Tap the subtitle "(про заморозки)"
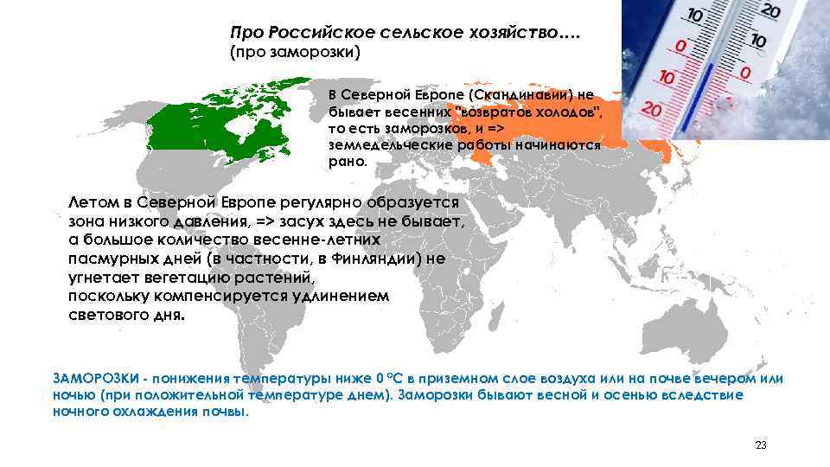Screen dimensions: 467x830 point(294,53)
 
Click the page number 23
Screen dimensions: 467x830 point(761,445)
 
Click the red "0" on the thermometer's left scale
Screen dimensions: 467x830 point(681,44)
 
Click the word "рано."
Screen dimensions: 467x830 point(348,162)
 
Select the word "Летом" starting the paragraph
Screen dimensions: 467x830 point(94,202)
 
